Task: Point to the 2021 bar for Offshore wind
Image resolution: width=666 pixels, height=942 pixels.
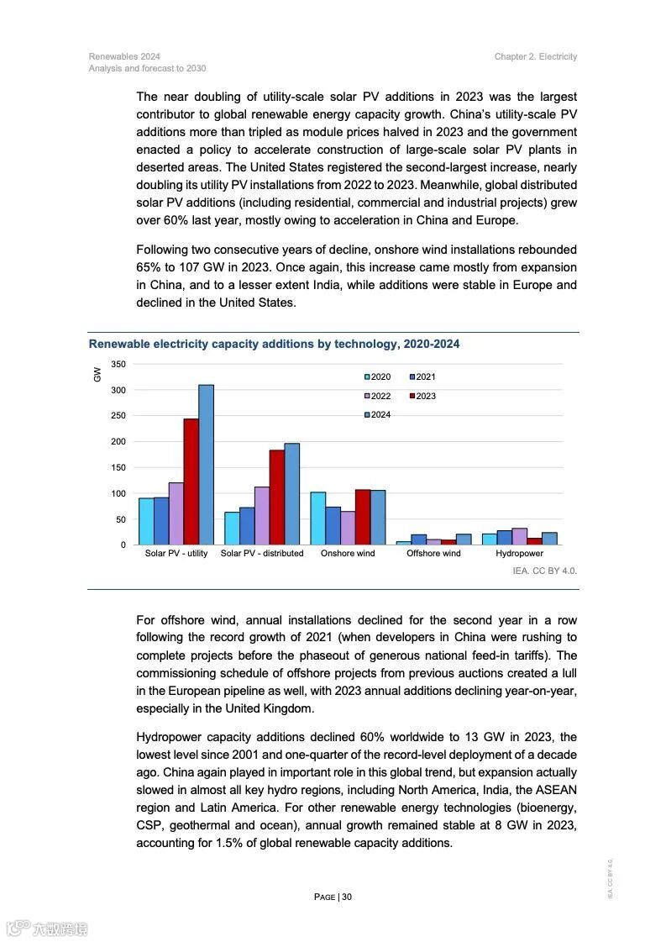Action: tap(418, 539)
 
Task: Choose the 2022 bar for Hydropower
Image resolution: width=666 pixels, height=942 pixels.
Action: tap(520, 536)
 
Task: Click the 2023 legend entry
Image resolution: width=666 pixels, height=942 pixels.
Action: tap(423, 396)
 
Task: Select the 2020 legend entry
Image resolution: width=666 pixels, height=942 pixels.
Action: tap(378, 377)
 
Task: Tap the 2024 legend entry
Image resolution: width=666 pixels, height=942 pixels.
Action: tap(378, 415)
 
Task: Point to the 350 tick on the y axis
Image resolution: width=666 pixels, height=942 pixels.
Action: tap(118, 364)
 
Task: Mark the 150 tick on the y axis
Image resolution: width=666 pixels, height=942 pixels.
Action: tap(118, 467)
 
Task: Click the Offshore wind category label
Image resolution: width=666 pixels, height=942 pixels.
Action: tap(433, 554)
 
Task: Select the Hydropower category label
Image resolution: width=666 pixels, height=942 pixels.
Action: tap(519, 554)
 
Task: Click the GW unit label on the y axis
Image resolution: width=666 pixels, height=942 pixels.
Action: tap(97, 375)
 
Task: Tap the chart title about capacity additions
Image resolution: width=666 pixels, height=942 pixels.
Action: tap(274, 345)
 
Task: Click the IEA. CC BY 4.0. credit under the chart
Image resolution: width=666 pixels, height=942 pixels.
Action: tap(544, 571)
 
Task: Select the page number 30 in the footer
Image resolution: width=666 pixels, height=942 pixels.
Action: tap(347, 897)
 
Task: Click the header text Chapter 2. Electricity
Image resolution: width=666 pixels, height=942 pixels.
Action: tap(536, 57)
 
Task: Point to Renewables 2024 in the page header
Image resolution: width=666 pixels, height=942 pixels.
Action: tap(124, 57)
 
